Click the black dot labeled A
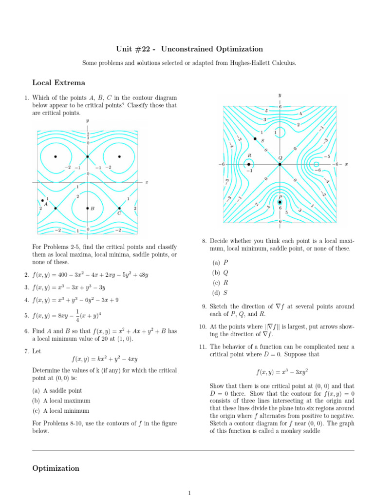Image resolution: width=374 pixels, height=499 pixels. click(43, 201)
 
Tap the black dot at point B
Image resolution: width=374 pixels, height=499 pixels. click(88, 208)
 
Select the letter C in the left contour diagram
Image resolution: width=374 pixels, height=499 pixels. click(119, 213)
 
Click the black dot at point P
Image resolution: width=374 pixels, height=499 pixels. click(280, 202)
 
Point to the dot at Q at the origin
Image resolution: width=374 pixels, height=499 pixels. click(280, 164)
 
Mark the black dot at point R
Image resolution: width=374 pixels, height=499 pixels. click(249, 164)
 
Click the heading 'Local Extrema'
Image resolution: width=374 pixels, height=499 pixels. click(58, 83)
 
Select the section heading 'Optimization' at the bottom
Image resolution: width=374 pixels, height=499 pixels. click(56, 468)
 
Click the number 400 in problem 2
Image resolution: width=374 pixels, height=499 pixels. click(64, 275)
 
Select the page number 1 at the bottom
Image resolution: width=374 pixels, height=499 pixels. click(189, 493)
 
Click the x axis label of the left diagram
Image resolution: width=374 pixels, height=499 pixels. click(147, 182)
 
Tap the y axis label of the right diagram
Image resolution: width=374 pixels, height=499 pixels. click(280, 95)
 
